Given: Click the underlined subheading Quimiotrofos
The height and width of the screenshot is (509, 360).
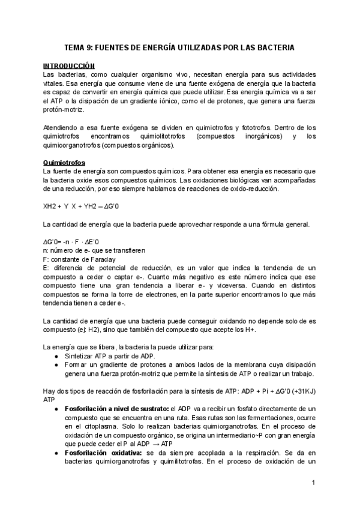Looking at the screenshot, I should pos(64,163).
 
